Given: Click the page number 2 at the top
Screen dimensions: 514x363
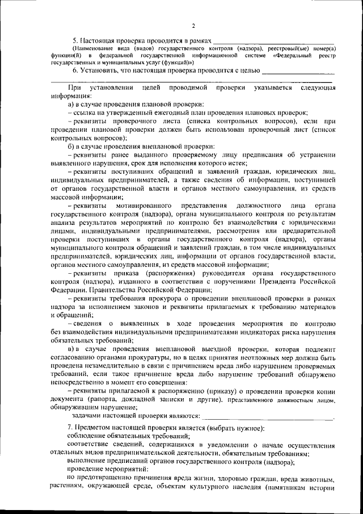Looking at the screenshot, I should click(193, 26).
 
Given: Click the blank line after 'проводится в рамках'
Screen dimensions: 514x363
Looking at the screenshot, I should click(273, 41).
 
